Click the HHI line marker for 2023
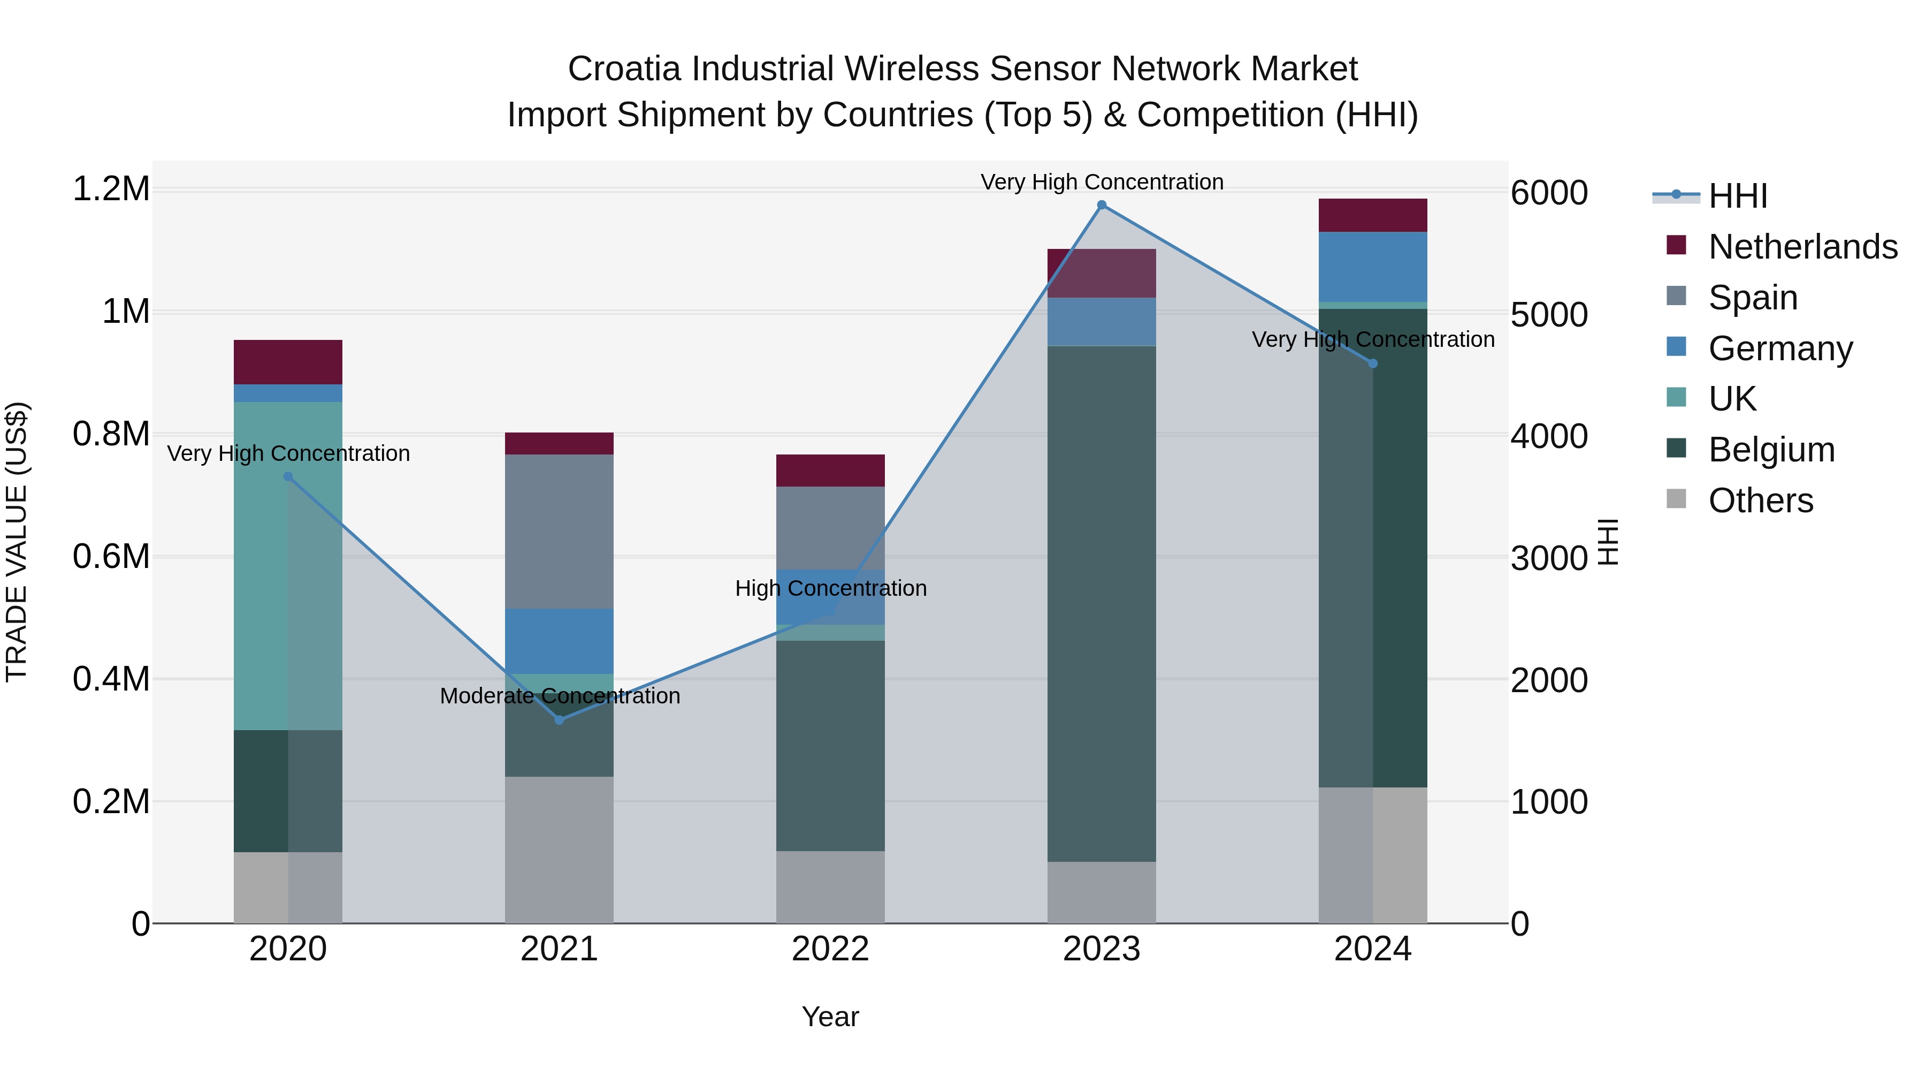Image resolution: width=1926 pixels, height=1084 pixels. [1102, 205]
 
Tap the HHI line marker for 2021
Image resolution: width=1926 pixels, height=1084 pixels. [559, 719]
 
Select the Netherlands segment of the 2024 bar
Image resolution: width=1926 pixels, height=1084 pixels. [1373, 215]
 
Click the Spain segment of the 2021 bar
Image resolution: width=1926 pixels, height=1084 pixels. [559, 531]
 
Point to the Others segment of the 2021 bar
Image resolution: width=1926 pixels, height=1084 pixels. [559, 850]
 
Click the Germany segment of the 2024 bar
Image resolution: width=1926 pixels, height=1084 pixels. [1373, 267]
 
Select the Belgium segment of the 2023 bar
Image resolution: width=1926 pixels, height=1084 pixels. [1102, 603]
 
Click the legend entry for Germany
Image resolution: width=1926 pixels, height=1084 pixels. [1779, 348]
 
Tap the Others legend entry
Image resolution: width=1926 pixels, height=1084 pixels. [1760, 501]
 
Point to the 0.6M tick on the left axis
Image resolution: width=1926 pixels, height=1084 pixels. [111, 557]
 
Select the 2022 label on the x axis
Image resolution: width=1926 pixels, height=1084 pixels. [830, 949]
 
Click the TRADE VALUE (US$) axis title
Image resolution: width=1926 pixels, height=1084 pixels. [17, 542]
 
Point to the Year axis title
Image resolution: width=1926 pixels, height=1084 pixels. [830, 1017]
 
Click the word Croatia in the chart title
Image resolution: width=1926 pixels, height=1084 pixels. [624, 69]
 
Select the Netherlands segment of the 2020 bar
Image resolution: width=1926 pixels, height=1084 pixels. [288, 362]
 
